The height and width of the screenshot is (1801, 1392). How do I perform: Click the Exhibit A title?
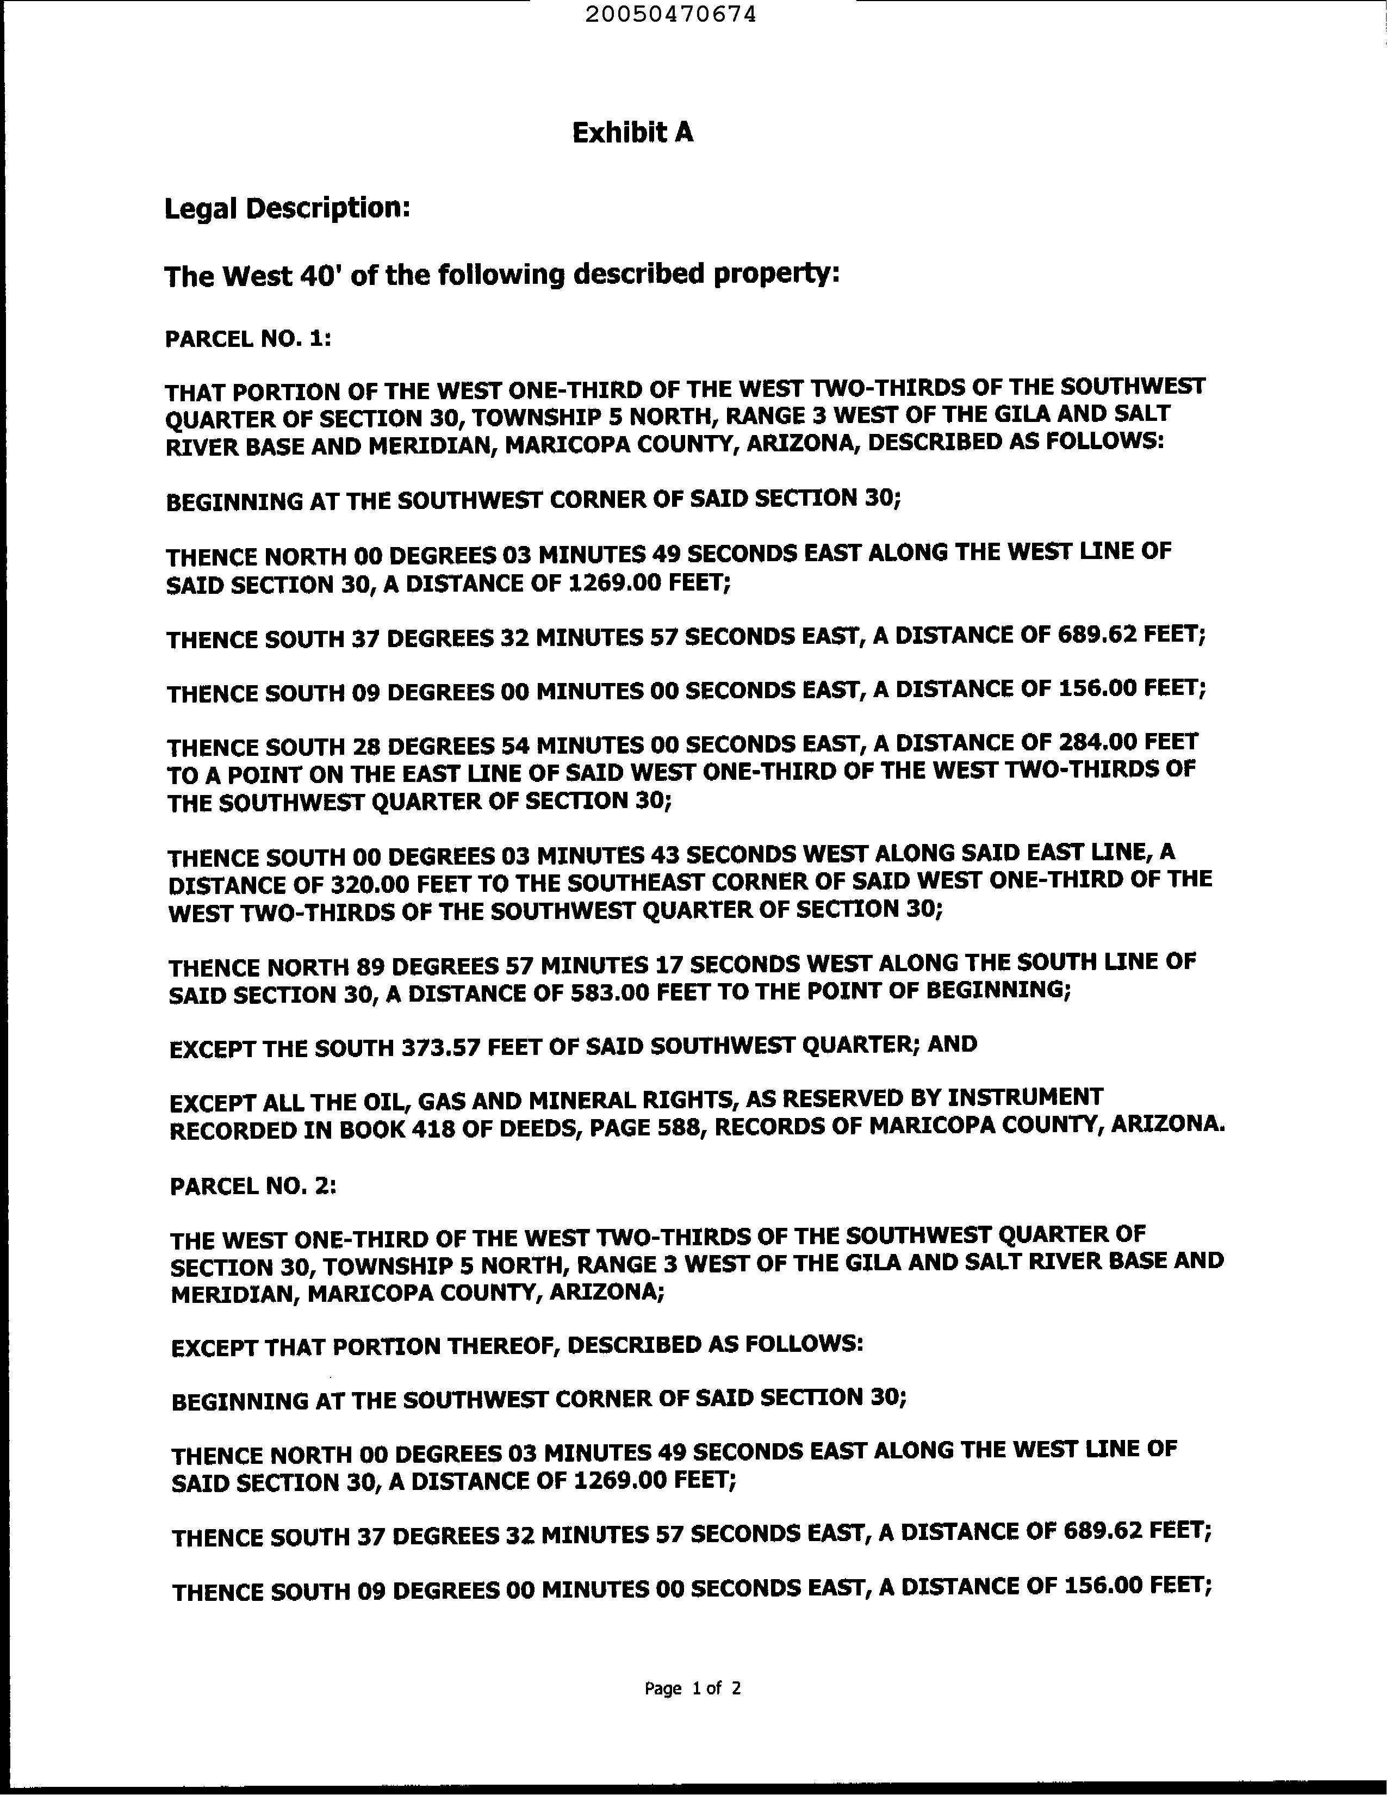tap(632, 133)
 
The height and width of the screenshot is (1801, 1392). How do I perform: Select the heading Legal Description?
tap(287, 209)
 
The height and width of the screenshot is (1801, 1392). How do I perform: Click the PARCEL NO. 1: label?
tap(248, 339)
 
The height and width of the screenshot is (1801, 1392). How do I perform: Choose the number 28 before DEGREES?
tap(364, 747)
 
